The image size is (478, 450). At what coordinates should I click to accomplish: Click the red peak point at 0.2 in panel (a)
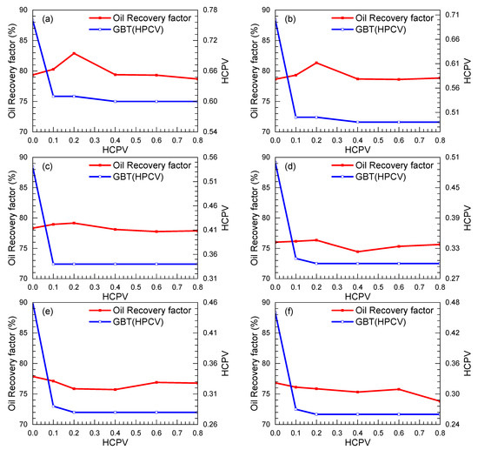[74, 53]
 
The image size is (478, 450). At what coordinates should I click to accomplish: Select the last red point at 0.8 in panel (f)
[440, 400]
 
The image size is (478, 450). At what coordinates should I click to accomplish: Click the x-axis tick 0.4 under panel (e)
[115, 433]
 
